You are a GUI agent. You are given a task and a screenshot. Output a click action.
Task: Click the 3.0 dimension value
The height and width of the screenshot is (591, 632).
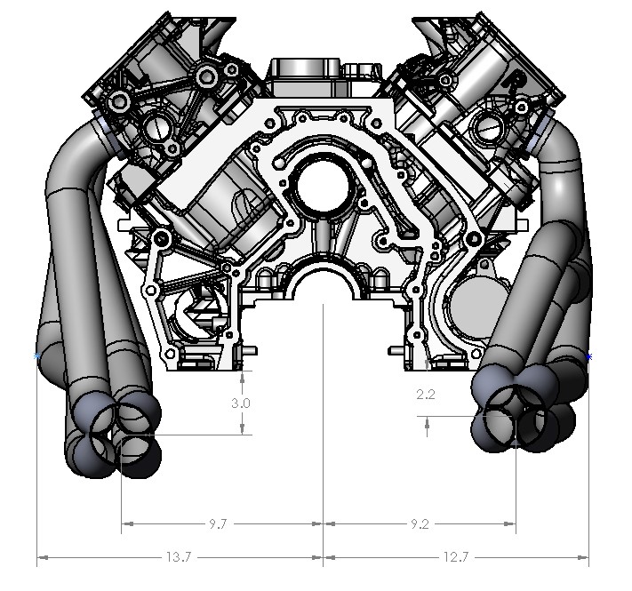(240, 403)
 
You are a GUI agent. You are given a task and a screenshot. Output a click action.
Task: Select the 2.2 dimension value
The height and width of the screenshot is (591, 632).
(426, 395)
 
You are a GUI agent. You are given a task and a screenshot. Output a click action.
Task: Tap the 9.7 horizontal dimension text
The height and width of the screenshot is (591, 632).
(217, 524)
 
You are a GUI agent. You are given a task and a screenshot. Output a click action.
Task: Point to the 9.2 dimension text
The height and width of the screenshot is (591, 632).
(419, 524)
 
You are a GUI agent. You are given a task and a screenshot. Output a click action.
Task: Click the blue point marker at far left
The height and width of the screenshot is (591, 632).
(36, 356)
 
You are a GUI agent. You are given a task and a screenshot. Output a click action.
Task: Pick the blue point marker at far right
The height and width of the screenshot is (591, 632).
(589, 356)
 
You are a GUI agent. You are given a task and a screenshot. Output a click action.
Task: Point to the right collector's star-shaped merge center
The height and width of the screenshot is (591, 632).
(515, 411)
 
